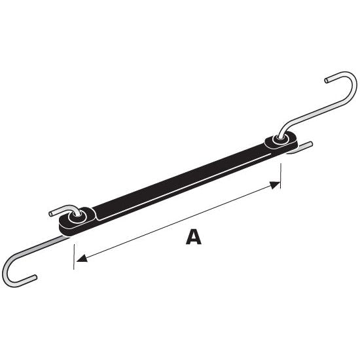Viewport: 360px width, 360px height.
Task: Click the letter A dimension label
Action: [193, 236]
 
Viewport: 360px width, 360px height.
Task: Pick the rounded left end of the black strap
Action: [65, 225]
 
